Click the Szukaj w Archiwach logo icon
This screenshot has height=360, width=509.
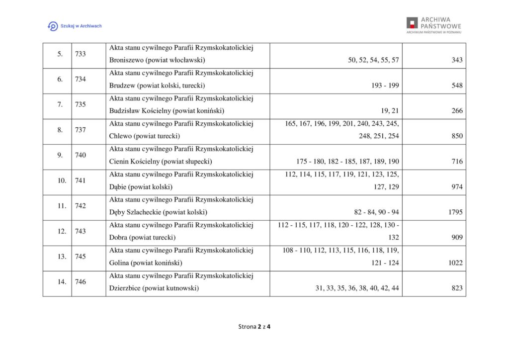click(52, 26)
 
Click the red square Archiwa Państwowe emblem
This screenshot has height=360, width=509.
click(412, 23)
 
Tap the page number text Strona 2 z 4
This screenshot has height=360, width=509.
click(254, 327)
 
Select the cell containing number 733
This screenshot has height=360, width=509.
click(81, 54)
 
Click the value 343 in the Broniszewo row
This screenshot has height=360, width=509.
click(457, 60)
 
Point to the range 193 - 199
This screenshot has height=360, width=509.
click(385, 86)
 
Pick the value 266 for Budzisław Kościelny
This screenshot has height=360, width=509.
click(457, 111)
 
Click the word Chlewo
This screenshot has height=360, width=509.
click(120, 136)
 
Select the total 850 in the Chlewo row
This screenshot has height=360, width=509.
click(457, 136)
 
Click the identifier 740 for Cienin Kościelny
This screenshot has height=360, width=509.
click(81, 155)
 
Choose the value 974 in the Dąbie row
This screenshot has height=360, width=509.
click(457, 187)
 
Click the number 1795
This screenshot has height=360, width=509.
click(455, 212)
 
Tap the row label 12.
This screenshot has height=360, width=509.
click(62, 231)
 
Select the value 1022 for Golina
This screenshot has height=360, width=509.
click(455, 263)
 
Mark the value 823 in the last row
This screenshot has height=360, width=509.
click(457, 288)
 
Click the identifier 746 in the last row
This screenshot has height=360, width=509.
click(81, 282)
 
